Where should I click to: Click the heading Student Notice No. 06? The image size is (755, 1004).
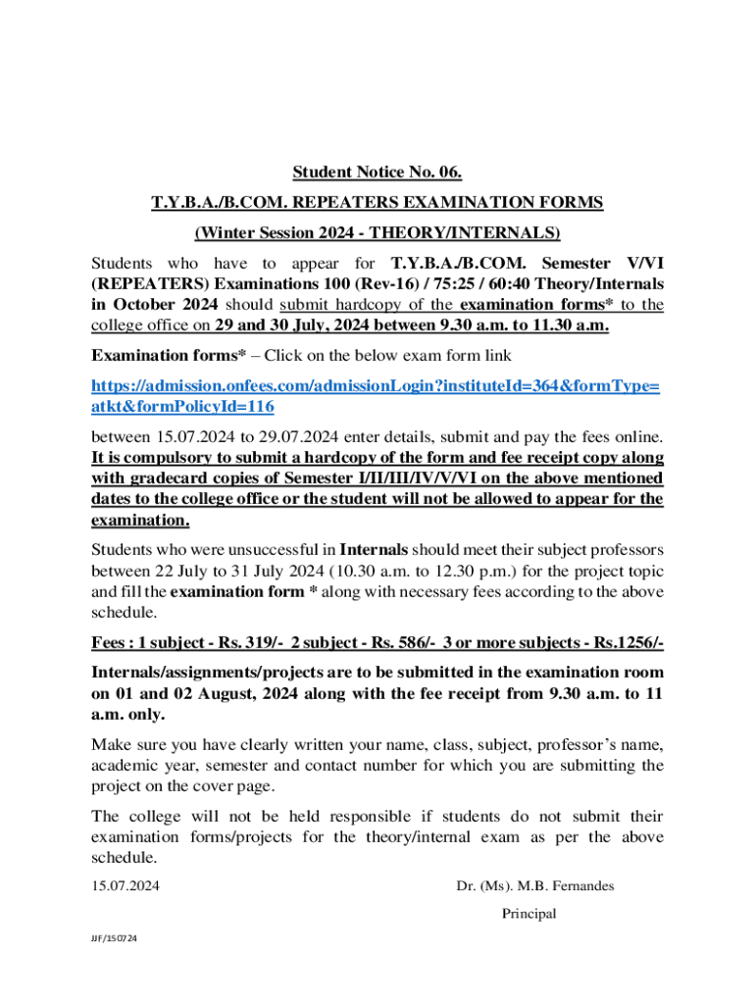377,174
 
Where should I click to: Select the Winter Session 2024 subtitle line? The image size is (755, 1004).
377,232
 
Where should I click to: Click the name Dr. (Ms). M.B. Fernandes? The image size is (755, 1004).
535,886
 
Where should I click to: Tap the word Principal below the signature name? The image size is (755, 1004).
528,914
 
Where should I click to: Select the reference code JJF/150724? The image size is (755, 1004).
110,939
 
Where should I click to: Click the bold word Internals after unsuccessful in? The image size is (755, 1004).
373,549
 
